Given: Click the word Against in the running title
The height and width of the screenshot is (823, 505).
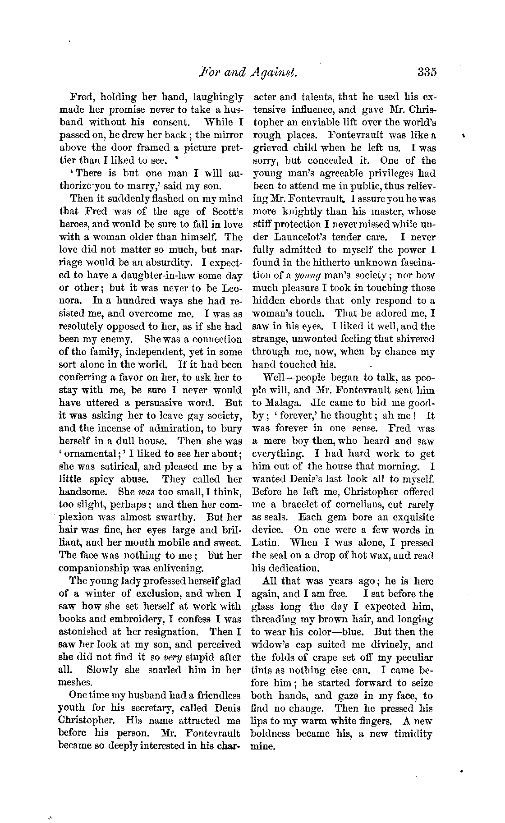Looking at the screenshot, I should [275, 72].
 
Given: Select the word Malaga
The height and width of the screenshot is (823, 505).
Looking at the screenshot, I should [279, 403].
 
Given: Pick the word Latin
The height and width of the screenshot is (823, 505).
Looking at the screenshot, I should [266, 543].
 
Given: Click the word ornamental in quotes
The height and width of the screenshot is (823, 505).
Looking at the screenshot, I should [88, 454].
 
